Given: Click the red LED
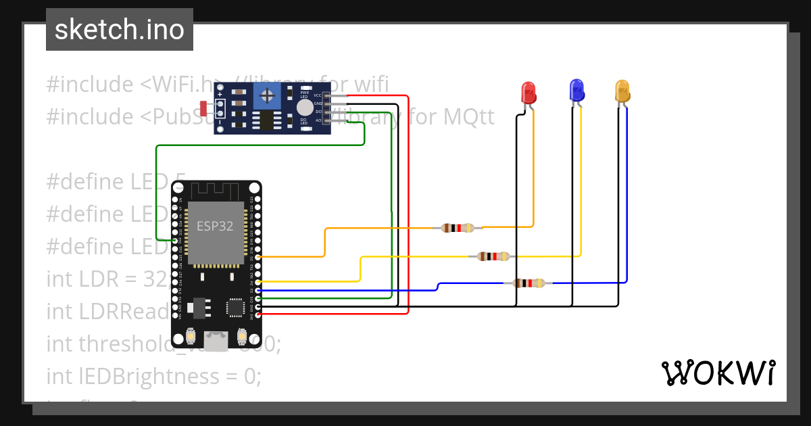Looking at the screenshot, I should tap(528, 92).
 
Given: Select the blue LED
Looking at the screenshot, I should tap(576, 90).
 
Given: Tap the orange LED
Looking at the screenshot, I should tap(622, 91).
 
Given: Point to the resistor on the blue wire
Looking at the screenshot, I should tap(529, 283).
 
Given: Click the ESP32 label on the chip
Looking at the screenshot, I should tap(215, 227).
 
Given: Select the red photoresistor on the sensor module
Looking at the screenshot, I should tap(204, 108).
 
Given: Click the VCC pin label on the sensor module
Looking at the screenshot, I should tap(317, 95).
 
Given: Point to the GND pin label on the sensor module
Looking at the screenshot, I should tap(317, 103).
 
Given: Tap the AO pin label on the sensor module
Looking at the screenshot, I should tap(317, 120).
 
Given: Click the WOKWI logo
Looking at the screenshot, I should tap(717, 373).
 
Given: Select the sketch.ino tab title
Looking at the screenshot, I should tap(120, 30).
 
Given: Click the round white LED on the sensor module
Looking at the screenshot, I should tap(305, 108).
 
